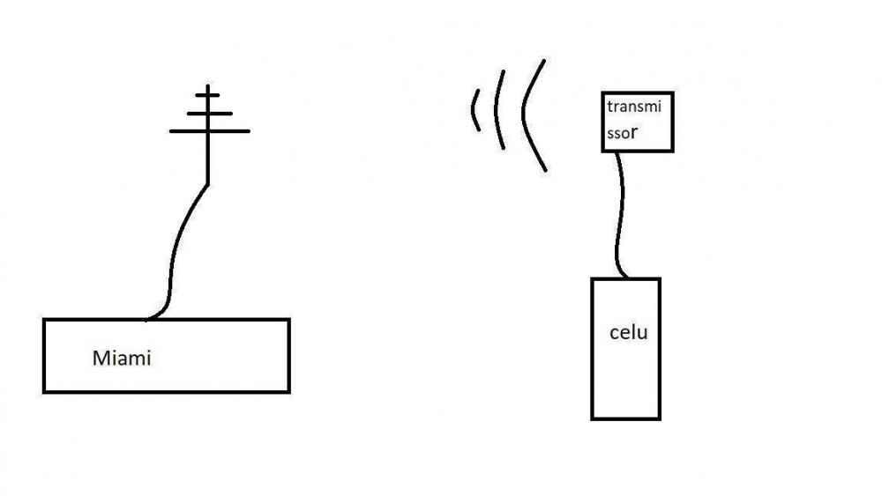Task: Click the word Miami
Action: (x=122, y=359)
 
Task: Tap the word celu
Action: (x=628, y=333)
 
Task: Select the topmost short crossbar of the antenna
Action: (x=207, y=93)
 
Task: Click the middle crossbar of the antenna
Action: (x=209, y=113)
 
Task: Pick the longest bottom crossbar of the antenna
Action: (x=209, y=131)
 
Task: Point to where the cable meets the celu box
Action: (x=625, y=278)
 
